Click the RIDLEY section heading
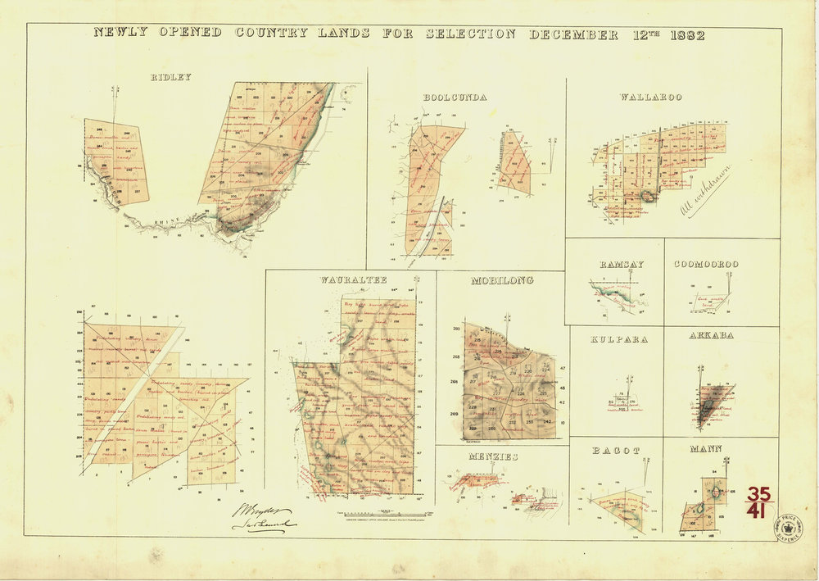coord(171,77)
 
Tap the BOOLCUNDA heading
coord(455,98)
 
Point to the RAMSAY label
coord(621,264)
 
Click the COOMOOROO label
coord(706,264)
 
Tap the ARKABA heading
coord(711,335)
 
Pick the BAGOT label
coord(616,451)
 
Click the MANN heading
coord(705,449)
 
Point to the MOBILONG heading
coord(502,280)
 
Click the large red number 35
coord(758,494)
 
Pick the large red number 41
coord(758,512)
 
